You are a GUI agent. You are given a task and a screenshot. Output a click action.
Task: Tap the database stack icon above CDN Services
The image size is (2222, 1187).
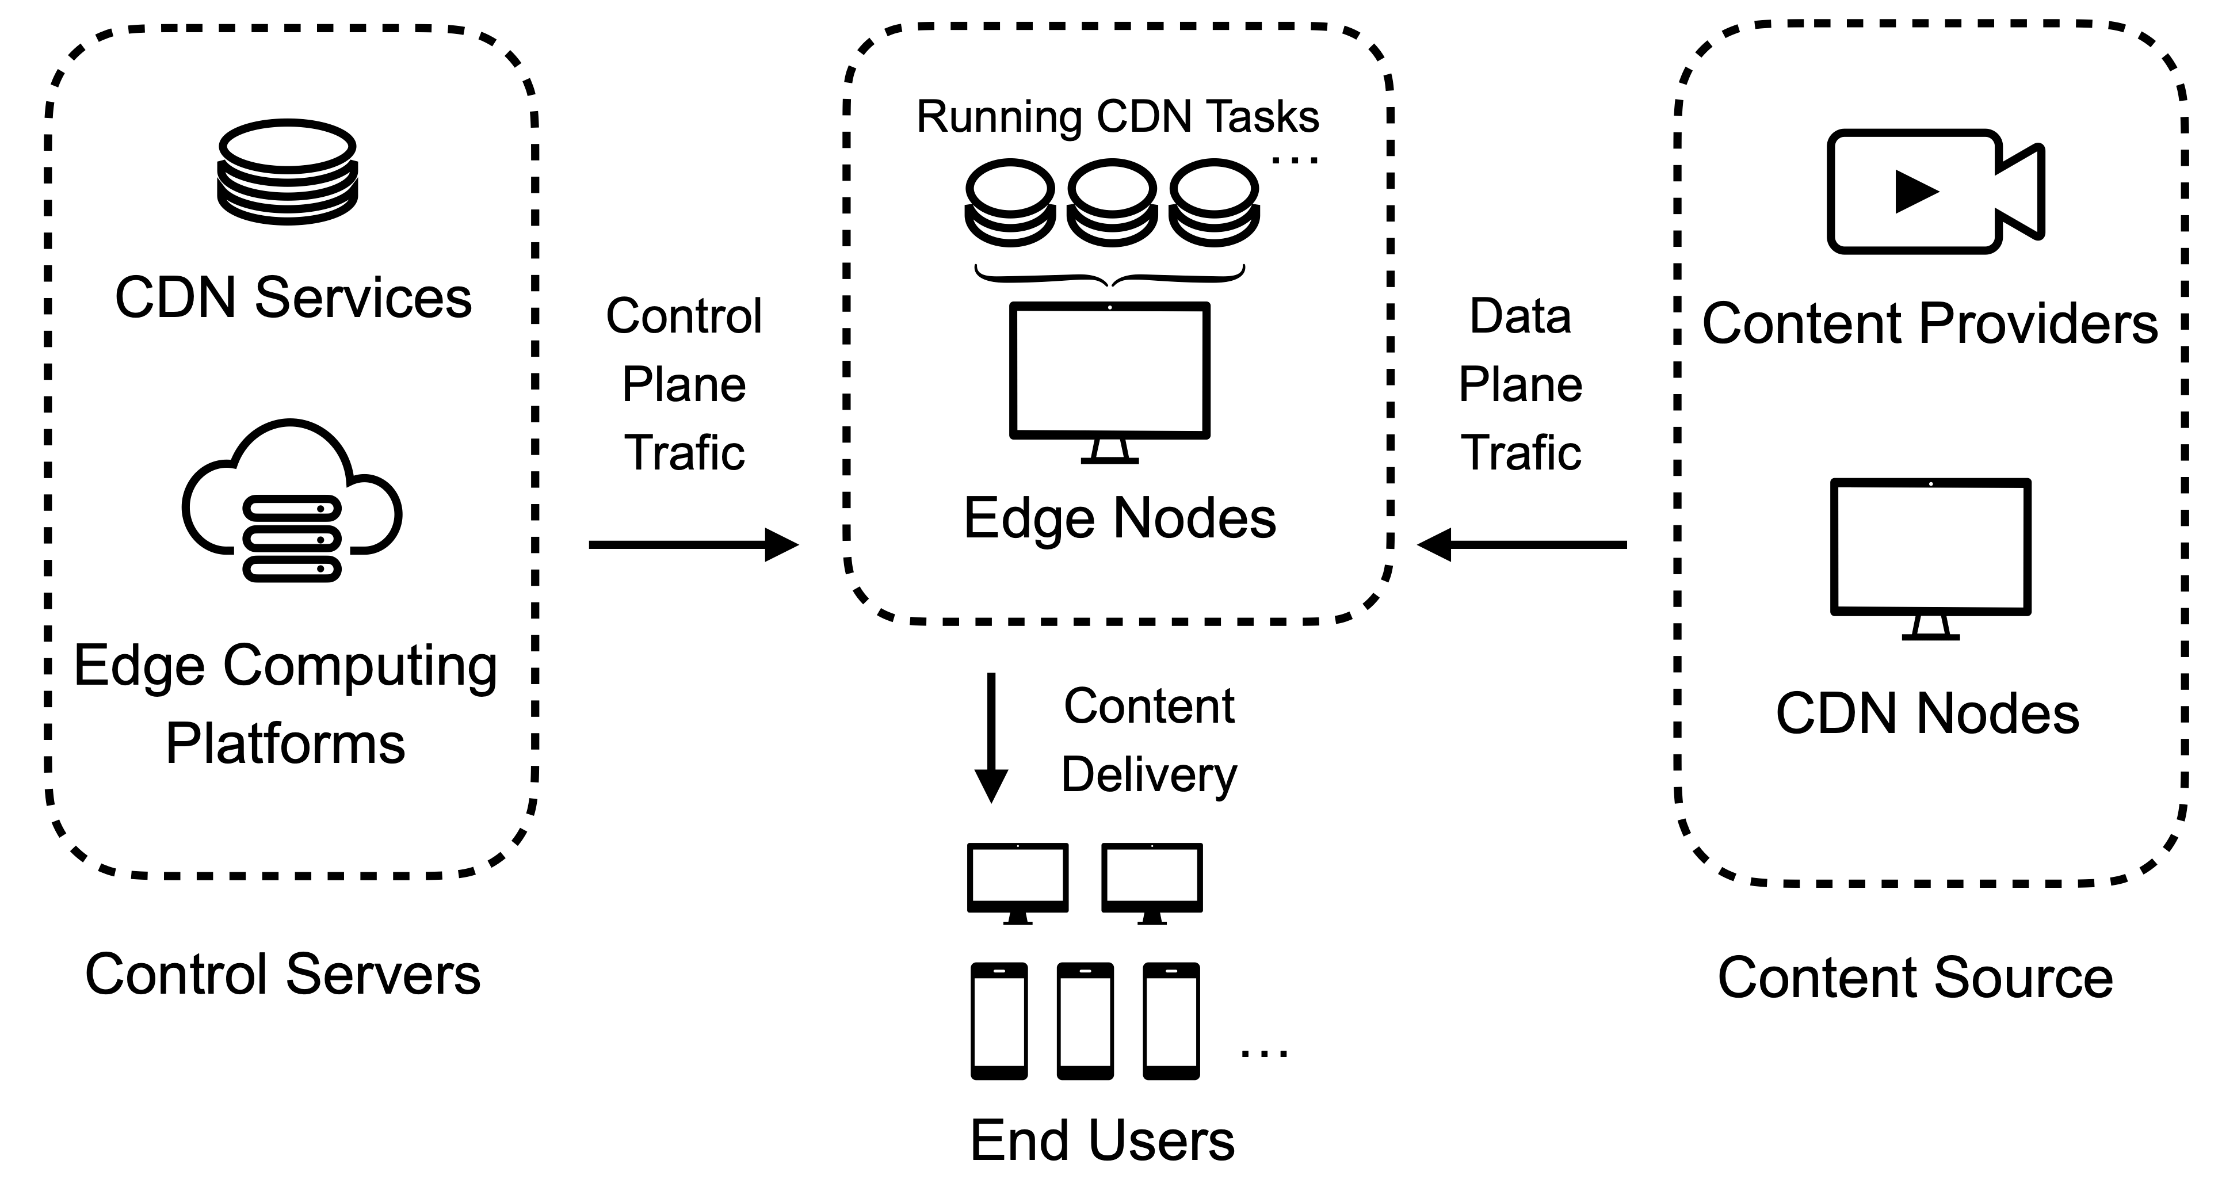pos(287,173)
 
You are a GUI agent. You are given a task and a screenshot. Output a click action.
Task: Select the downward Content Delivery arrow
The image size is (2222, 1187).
pos(991,738)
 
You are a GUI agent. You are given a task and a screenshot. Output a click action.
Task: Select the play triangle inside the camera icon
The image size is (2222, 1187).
pos(1914,192)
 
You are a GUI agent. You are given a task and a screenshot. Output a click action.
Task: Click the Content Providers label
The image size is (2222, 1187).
pos(1930,323)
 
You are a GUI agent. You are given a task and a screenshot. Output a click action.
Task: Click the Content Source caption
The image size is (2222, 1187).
pos(1915,978)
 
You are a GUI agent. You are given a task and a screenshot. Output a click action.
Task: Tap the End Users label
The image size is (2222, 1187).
pos(1102,1140)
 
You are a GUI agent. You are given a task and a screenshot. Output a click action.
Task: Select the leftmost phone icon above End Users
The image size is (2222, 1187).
pos(999,1021)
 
